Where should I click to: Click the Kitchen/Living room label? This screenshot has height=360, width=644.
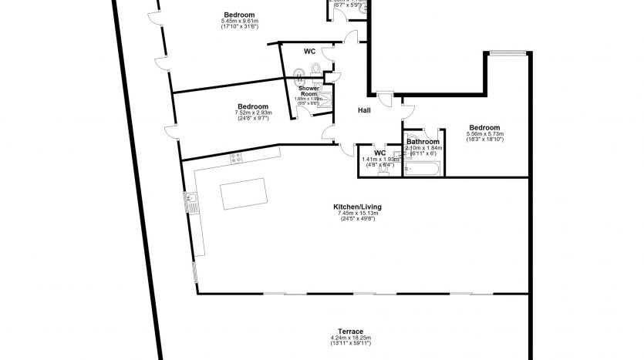click(x=357, y=207)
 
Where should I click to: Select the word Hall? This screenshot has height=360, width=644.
click(x=365, y=110)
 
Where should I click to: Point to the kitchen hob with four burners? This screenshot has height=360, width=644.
click(x=237, y=158)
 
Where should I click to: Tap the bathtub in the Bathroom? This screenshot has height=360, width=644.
click(x=423, y=167)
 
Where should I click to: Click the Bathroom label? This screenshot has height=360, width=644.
click(x=423, y=142)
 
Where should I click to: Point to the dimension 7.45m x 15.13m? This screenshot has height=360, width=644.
click(x=357, y=214)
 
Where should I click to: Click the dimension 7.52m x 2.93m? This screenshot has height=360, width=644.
click(x=253, y=113)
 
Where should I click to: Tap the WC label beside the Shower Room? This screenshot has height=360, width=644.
click(x=309, y=52)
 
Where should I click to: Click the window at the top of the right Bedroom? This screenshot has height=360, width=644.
click(x=506, y=52)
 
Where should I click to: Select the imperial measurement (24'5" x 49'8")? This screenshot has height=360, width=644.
click(x=357, y=220)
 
